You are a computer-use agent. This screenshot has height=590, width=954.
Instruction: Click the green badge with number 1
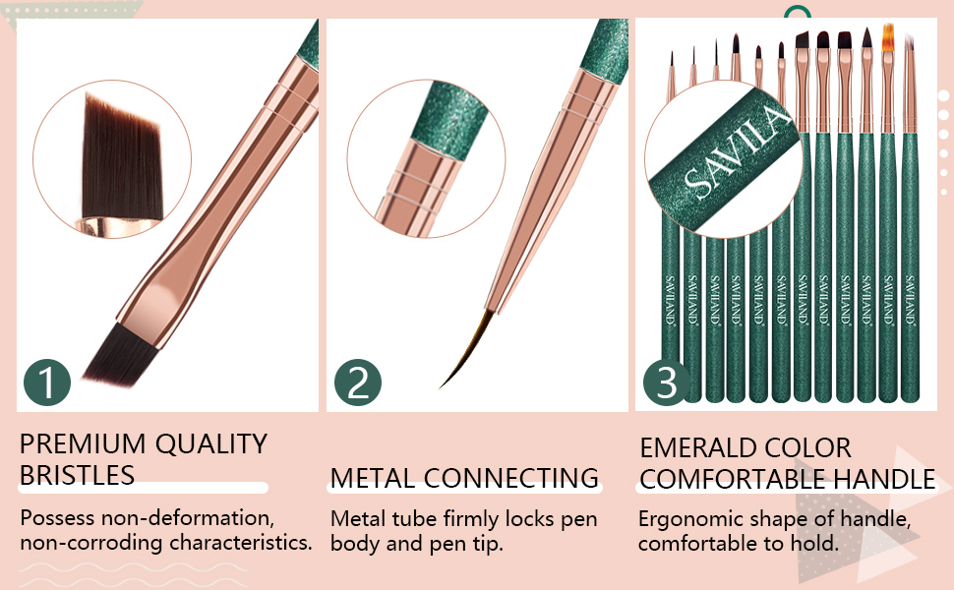click(x=47, y=382)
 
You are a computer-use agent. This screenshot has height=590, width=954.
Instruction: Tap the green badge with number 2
click(x=358, y=382)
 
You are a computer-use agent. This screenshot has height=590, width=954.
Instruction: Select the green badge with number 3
click(x=668, y=382)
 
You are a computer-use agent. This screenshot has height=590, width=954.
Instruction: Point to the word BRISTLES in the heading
click(x=77, y=476)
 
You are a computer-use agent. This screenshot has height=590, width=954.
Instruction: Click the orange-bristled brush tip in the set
click(x=886, y=37)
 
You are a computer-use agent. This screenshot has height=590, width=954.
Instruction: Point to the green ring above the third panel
click(x=796, y=14)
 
